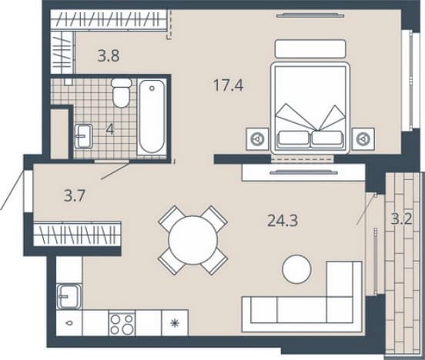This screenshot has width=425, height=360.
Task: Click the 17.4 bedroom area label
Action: [228, 85]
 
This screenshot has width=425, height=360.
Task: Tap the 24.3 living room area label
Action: [283, 220]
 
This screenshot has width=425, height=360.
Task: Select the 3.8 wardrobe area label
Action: [109, 56]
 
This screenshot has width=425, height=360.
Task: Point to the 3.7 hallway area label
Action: [75, 195]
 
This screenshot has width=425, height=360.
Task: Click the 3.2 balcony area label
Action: [402, 219]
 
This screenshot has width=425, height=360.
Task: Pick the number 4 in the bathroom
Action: [110, 129]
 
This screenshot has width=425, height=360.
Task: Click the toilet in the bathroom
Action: [122, 92]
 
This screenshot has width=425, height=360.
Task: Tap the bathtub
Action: [152, 116]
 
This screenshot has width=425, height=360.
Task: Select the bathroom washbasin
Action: [83, 136]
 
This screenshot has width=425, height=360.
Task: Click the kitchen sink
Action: [69, 296]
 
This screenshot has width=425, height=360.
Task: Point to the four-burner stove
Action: [122, 324]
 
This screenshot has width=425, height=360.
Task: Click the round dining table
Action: [193, 240]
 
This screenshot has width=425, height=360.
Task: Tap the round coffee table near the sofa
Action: [296, 269]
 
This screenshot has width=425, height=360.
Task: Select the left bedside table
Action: [257, 139]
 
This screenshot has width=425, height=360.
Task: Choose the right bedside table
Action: [363, 139]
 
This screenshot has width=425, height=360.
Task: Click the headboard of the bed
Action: [310, 48]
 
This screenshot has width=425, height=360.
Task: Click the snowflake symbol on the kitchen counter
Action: [175, 323]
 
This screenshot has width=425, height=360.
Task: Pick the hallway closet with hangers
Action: [77, 234]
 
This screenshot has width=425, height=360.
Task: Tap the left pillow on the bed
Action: [293, 138]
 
